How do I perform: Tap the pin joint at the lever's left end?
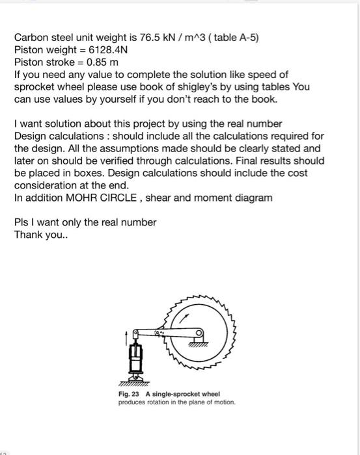click(137, 334)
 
